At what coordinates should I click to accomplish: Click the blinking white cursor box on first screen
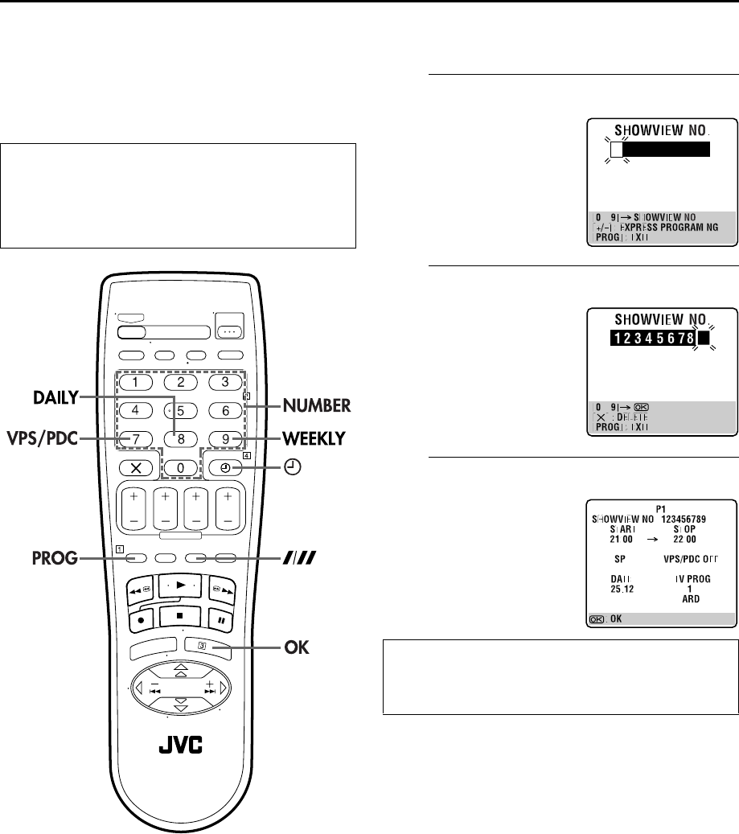pyautogui.click(x=616, y=150)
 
